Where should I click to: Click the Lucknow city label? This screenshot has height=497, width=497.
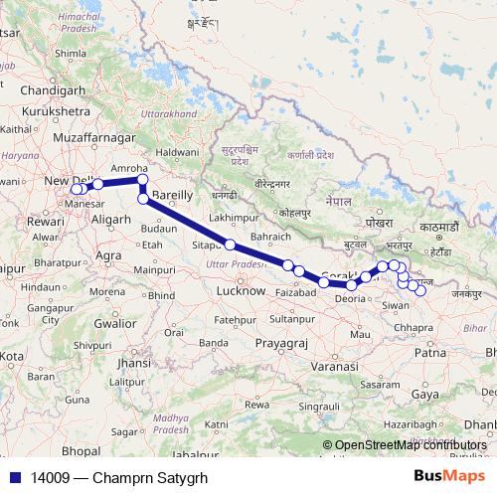click(241, 291)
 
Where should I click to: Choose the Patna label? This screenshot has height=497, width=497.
click(429, 351)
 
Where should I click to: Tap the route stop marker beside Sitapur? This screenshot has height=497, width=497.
click(230, 245)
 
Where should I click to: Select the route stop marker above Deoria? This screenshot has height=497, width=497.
click(351, 285)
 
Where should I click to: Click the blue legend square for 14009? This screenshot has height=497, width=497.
click(11, 477)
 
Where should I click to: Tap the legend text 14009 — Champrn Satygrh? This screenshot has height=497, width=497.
click(97, 477)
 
